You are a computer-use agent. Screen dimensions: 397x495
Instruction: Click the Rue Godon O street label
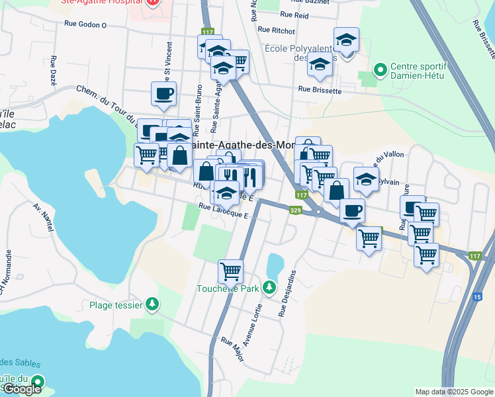point(85,24)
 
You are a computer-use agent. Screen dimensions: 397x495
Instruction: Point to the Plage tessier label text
point(116,305)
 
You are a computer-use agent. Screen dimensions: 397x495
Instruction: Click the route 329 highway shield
point(295,210)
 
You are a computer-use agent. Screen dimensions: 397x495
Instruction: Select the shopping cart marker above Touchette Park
point(230,270)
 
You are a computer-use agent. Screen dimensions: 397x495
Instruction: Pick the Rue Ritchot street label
point(276,30)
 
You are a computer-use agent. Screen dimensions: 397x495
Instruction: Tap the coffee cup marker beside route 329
point(352,210)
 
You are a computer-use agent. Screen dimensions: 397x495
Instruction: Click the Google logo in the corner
point(22,389)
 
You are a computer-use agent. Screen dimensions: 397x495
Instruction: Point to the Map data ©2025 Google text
point(453,392)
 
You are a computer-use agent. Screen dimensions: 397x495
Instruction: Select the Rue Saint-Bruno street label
point(198,103)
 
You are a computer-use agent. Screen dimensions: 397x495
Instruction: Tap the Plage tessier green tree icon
point(153,304)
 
